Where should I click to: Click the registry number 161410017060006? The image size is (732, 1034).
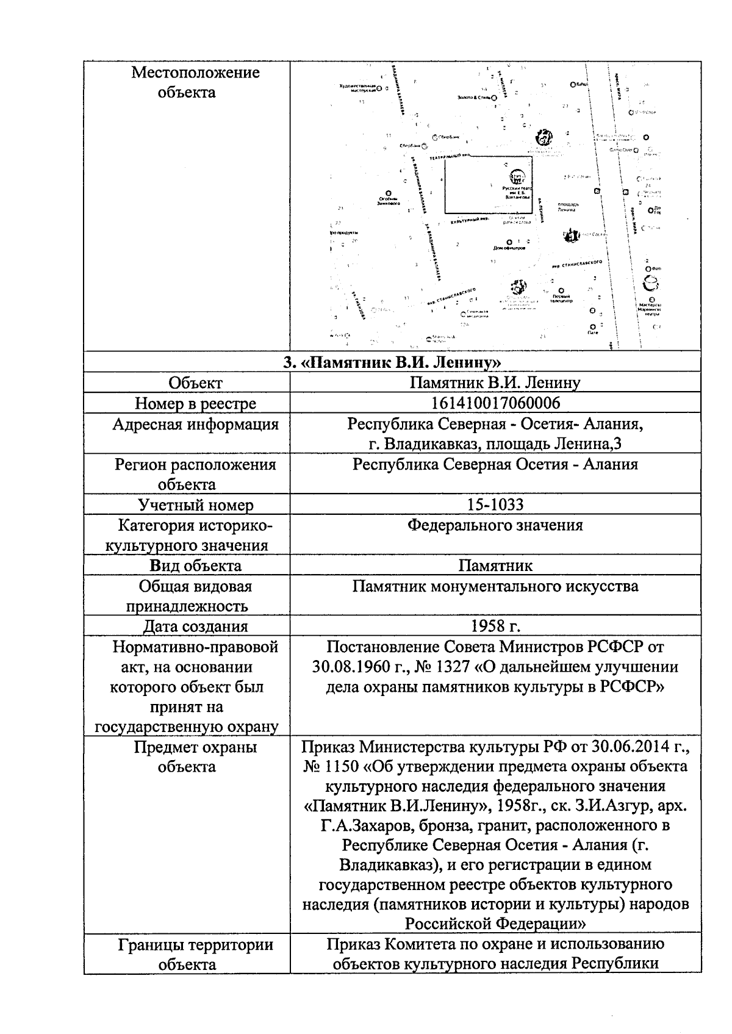click(x=495, y=403)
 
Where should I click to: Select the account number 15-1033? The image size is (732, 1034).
click(x=495, y=504)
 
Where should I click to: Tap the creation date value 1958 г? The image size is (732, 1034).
click(x=495, y=626)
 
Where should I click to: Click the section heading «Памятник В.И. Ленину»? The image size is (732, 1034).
click(x=393, y=363)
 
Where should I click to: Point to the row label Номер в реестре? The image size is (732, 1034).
click(x=195, y=403)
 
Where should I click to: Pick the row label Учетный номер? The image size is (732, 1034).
click(x=195, y=504)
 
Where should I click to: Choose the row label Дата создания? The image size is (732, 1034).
click(x=195, y=626)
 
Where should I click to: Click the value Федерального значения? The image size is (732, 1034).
click(x=495, y=525)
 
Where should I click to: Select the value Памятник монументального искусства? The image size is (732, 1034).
click(x=495, y=586)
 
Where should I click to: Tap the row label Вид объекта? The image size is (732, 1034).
click(x=195, y=565)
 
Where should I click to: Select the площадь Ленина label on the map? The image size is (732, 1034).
click(x=567, y=207)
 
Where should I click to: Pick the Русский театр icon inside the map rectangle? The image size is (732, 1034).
click(x=517, y=178)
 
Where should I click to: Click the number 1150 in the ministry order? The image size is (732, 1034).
click(x=337, y=767)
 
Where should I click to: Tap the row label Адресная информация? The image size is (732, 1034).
click(x=195, y=425)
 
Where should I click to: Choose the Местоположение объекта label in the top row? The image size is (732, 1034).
click(x=195, y=82)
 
